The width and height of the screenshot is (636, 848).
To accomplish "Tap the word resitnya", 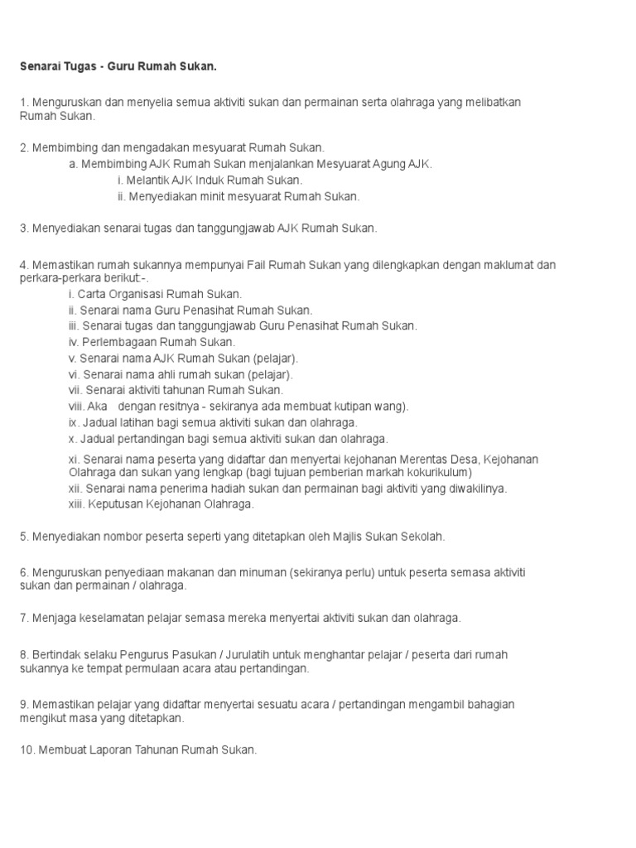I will tap(194, 407).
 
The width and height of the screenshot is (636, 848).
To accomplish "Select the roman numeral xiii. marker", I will tap(78, 503).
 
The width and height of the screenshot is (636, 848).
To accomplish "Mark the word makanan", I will tap(190, 573).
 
